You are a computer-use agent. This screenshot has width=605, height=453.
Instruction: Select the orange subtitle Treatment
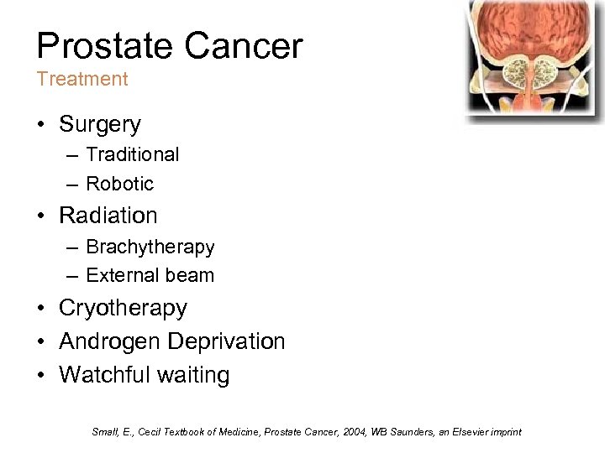82,80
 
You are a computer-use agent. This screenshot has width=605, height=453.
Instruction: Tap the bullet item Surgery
100,125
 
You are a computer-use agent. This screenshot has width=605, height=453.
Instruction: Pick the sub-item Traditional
132,154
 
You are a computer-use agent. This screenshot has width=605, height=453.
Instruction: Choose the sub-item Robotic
119,183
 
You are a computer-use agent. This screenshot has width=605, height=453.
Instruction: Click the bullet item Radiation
108,216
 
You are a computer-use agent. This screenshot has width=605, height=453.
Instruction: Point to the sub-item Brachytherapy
150,247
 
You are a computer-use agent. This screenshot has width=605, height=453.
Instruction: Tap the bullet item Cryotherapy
123,309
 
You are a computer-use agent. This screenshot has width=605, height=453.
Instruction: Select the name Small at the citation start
104,432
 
